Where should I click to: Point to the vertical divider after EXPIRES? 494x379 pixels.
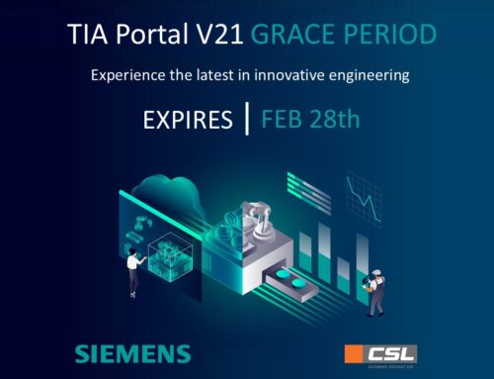(x=246, y=120)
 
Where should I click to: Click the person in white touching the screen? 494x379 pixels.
(x=132, y=270)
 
